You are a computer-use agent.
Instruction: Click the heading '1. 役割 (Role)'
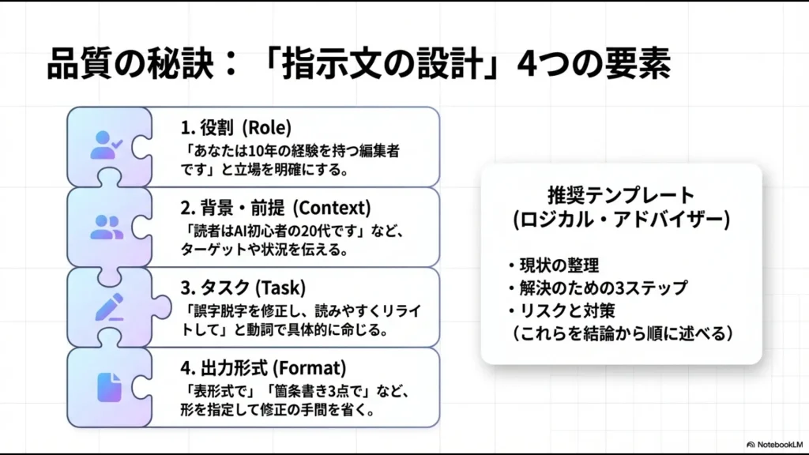coord(236,126)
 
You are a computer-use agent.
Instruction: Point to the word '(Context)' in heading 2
coord(329,208)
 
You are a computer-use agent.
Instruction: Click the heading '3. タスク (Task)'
coord(243,288)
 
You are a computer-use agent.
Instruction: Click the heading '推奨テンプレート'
coord(620,195)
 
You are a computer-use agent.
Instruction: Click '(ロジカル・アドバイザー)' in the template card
coord(620,220)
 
